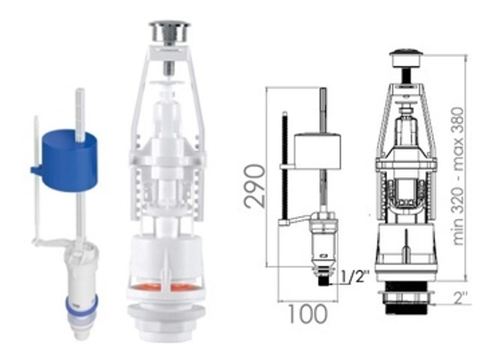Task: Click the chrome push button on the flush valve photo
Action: point(169,33)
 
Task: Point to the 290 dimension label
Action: point(255,186)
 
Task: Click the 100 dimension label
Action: point(308,314)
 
